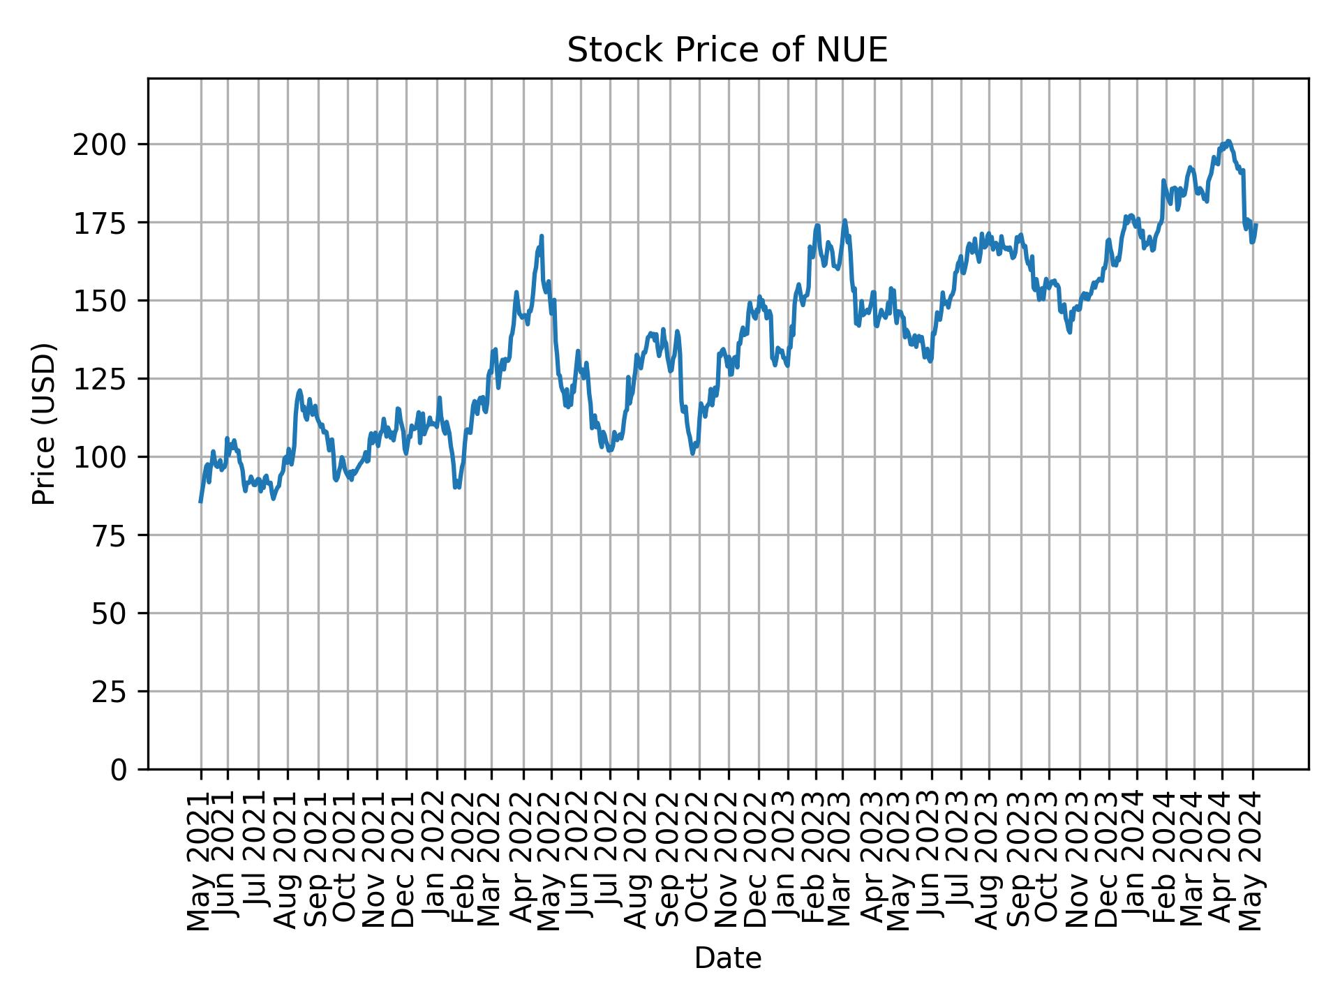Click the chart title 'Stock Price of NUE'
click(x=727, y=50)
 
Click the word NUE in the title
click(x=855, y=50)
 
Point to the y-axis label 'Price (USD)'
click(x=44, y=424)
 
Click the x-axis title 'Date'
click(x=727, y=958)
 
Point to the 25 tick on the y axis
click(x=110, y=692)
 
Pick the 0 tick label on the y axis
click(x=119, y=770)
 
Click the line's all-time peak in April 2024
click(x=1228, y=141)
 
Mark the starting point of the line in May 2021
click(x=200, y=502)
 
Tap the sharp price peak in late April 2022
click(x=542, y=236)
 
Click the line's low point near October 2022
click(x=692, y=454)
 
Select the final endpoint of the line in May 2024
click(x=1256, y=224)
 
